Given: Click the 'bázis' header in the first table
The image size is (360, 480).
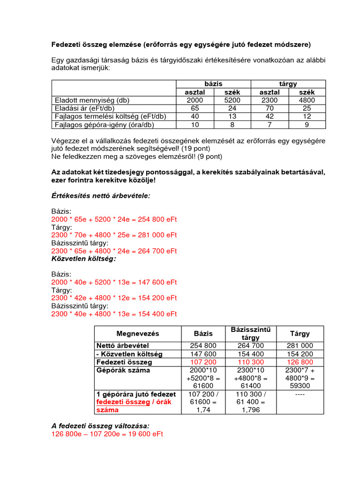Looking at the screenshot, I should [x=213, y=83].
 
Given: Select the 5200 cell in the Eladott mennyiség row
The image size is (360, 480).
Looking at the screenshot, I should [x=232, y=100].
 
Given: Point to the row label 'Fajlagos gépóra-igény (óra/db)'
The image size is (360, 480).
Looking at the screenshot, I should [x=104, y=125].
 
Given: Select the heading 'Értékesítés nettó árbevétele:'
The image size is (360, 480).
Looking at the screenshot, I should [x=101, y=195].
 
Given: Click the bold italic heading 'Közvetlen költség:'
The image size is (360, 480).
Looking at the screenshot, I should [x=83, y=258].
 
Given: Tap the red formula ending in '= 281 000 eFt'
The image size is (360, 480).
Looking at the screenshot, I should [x=114, y=234].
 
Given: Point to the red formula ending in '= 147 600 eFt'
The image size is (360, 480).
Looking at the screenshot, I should [x=114, y=282].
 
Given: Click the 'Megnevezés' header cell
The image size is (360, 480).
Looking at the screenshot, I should [x=138, y=334].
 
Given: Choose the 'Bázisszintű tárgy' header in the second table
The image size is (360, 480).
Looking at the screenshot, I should [x=251, y=334].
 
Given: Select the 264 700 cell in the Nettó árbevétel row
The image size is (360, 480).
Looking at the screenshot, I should [x=251, y=345].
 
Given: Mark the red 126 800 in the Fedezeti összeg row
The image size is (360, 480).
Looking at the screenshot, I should [x=300, y=362].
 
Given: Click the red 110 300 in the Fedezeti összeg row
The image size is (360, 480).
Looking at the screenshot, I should [x=251, y=362].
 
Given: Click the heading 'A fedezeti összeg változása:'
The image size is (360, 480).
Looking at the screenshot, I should [x=100, y=426].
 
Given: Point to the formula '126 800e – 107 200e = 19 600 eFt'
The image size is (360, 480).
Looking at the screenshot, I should [x=107, y=434].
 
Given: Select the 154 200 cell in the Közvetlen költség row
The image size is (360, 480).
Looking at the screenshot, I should [x=300, y=354].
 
